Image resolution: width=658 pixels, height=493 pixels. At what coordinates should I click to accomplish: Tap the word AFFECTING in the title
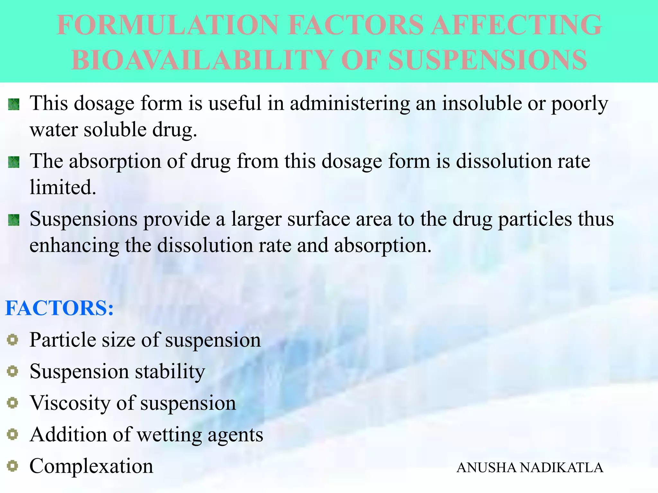(516, 25)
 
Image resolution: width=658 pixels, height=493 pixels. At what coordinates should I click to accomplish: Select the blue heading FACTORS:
(59, 308)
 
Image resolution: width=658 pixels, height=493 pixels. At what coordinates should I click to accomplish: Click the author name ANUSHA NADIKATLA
(530, 468)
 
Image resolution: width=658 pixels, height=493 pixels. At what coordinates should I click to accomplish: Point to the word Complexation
(91, 466)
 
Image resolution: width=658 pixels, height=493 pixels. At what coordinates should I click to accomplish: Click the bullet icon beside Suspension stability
(13, 371)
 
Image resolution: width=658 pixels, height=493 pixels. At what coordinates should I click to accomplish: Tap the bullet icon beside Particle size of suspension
(13, 340)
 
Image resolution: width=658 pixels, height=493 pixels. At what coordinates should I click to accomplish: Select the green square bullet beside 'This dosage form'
(14, 104)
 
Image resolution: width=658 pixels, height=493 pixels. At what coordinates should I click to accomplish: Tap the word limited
(63, 187)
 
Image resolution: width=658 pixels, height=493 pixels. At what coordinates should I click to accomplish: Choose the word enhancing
(74, 246)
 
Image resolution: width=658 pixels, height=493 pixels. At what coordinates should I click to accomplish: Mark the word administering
(350, 103)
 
